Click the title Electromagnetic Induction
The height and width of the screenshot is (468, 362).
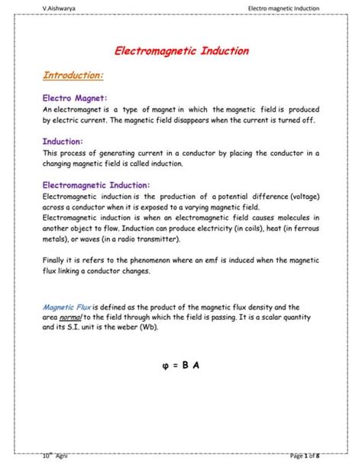click(181, 52)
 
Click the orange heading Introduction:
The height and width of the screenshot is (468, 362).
click(73, 76)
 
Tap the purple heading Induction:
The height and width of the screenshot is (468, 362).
click(63, 141)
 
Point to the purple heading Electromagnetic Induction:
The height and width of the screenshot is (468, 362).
click(96, 184)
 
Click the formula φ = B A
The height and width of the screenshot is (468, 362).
click(181, 364)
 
